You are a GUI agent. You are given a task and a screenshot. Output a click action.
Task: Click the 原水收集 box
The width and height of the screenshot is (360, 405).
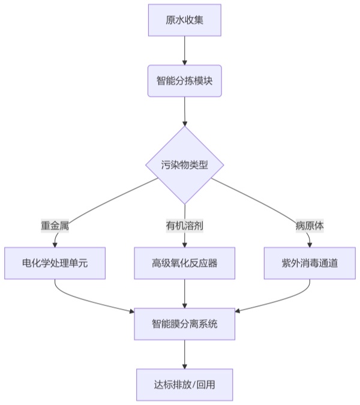pos(184,20)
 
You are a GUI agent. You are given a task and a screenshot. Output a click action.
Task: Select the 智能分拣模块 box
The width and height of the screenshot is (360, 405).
pos(184,80)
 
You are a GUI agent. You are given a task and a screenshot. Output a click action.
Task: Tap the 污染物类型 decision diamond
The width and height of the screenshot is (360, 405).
pos(184,165)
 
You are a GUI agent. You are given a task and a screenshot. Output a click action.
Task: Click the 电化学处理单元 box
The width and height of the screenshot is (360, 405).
pos(55,263)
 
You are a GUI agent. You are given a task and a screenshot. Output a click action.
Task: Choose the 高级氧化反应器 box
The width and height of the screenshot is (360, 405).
pos(184,263)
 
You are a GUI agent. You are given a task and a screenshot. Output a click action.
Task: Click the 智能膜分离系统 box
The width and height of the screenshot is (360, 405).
pos(184,324)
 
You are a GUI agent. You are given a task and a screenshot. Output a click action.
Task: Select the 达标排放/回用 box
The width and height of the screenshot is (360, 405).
pos(184,385)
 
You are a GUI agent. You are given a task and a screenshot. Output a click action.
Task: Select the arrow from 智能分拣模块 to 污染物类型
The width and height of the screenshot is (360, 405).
pos(184,111)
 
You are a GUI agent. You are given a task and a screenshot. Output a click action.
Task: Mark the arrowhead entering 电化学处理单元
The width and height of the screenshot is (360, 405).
pos(55,244)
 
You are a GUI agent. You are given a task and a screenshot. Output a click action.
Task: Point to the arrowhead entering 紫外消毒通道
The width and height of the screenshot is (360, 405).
pos(310,244)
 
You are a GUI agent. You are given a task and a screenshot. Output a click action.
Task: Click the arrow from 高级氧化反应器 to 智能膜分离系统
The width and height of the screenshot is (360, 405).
pos(184,293)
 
